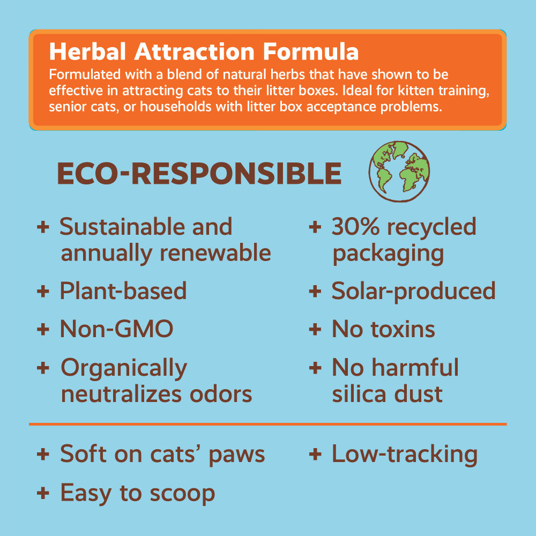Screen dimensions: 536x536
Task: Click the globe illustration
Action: (399, 172)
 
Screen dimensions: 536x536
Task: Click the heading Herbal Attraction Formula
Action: (204, 52)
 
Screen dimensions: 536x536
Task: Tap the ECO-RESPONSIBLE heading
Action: (199, 174)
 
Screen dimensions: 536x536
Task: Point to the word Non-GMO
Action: (116, 329)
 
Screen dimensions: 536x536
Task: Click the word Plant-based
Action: (123, 291)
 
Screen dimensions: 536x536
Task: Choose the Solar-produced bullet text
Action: (413, 291)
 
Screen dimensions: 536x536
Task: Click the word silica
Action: (358, 394)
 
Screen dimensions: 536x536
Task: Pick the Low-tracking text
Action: (404, 454)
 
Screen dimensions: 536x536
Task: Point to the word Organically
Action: (123, 368)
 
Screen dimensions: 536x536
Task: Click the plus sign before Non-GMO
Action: (42, 329)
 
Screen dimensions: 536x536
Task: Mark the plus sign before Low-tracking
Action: (315, 455)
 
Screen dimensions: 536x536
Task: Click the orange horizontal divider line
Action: (267, 424)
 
